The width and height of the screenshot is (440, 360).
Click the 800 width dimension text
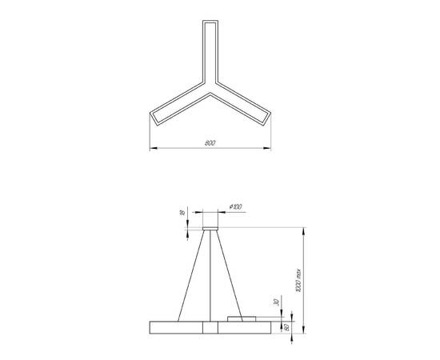point(210,143)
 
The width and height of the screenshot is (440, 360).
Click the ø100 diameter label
point(237,206)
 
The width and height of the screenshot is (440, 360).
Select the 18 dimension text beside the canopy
point(182,214)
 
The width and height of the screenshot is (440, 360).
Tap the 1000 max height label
point(297,279)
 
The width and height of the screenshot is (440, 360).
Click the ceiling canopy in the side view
point(211,230)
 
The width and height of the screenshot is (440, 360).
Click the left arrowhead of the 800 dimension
point(154,148)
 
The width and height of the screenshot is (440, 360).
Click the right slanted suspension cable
point(230,277)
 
